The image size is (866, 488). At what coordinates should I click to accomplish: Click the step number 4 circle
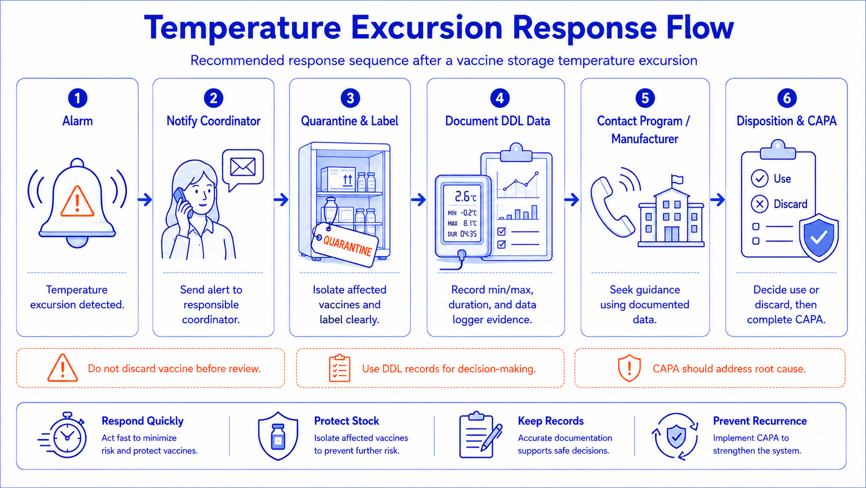click(x=499, y=98)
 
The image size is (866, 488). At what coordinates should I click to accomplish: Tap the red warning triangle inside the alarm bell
click(x=77, y=201)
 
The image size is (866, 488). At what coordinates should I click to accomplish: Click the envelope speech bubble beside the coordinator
click(x=243, y=169)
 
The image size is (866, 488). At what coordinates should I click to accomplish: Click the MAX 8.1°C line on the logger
click(x=462, y=224)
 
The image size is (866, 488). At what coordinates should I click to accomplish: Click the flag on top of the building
click(x=677, y=180)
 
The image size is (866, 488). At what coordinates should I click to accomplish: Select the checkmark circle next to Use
click(x=759, y=178)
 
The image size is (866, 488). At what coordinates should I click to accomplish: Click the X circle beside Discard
click(x=759, y=204)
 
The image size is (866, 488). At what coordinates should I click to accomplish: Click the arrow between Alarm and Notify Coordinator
click(x=145, y=200)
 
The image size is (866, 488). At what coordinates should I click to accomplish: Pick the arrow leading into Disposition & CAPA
click(x=717, y=200)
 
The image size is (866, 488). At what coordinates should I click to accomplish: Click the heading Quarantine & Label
click(x=350, y=121)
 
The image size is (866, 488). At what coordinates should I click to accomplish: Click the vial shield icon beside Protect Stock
click(x=278, y=436)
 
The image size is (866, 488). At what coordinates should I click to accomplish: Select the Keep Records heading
click(x=551, y=421)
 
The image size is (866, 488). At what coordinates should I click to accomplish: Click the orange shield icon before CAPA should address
click(x=629, y=368)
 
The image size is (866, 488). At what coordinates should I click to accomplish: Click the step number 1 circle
click(x=77, y=98)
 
